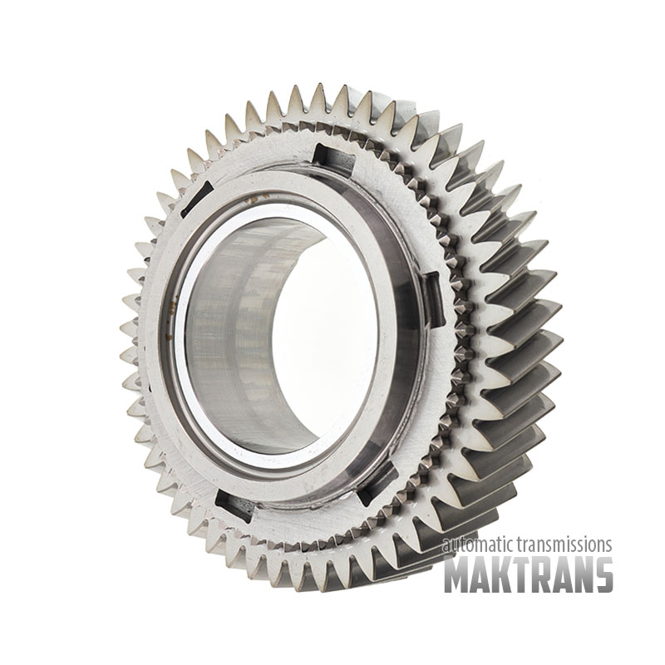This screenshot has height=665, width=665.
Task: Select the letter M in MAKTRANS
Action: (x=456, y=574)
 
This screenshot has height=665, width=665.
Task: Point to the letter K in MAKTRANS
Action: (x=499, y=574)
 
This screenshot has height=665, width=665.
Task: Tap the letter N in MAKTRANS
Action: (x=580, y=574)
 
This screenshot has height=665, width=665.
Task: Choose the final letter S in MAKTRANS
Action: (x=603, y=574)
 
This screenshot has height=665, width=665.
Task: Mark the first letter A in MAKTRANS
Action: (x=479, y=574)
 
